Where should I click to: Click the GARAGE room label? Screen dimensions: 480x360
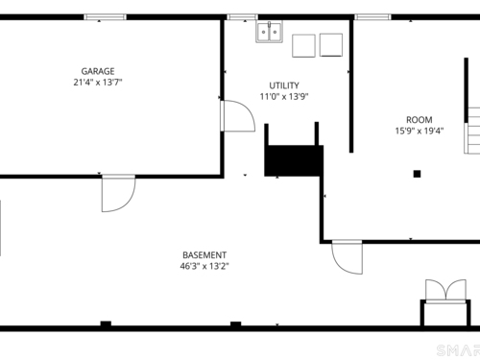98,71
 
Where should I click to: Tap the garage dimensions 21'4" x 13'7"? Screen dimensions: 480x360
98,83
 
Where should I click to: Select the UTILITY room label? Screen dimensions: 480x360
284,85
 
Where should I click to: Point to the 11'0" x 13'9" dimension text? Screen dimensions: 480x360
284,96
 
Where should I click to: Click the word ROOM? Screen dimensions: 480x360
420,120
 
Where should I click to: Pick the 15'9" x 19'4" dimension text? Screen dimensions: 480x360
420,131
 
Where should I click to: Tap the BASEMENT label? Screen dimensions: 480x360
204,255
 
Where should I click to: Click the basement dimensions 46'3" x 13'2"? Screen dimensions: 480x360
204,266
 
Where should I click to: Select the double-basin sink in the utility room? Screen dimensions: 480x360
269,32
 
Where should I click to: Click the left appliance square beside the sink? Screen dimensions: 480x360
303,46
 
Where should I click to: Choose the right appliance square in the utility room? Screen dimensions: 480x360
331,45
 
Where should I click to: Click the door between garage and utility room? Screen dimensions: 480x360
238,116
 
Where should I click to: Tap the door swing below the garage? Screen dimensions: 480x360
118,193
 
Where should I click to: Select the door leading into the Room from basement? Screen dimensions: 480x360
348,257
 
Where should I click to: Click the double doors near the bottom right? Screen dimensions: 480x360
445,291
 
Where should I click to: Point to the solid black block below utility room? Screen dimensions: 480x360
294,160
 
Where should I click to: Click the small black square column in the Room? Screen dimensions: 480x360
417,174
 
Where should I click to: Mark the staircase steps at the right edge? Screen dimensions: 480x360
472,131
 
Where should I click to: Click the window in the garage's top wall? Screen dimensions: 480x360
106,17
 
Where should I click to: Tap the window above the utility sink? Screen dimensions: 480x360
243,17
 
